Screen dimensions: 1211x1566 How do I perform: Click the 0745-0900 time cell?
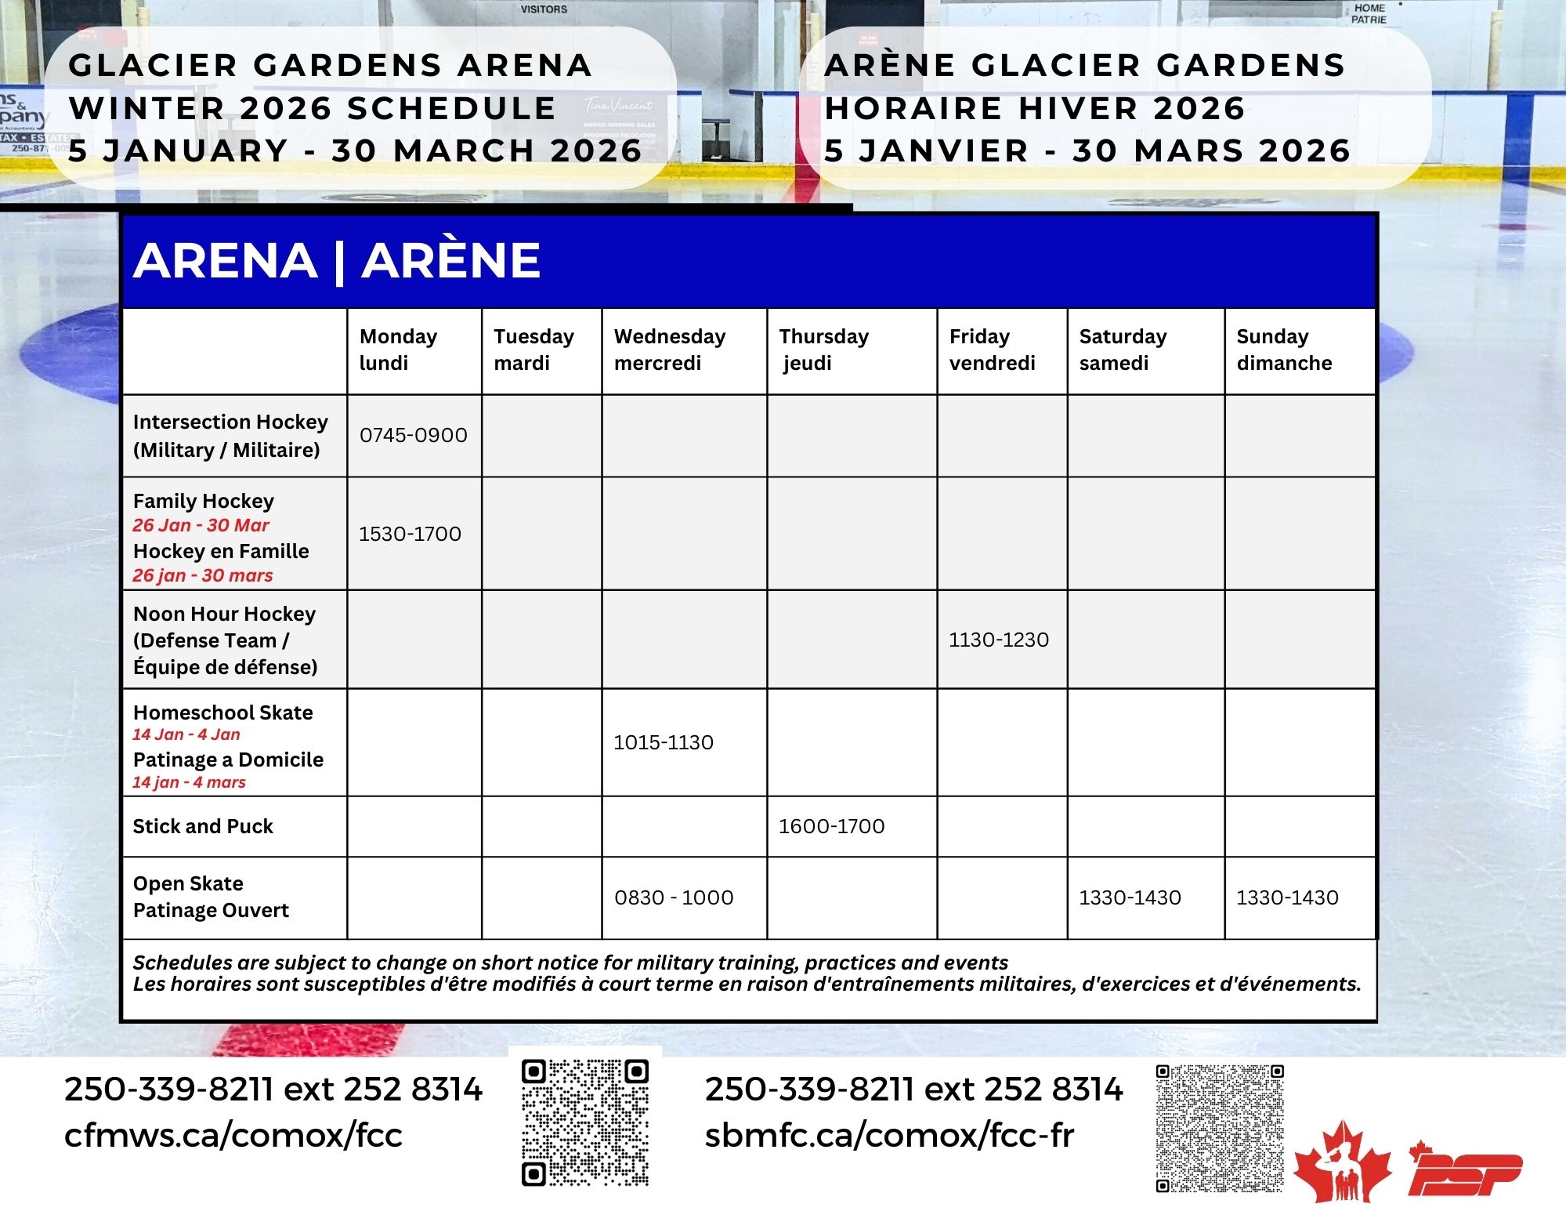(x=413, y=435)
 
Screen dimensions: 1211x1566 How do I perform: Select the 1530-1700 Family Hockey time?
(x=410, y=534)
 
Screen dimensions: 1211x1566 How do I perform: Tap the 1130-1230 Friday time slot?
(x=998, y=640)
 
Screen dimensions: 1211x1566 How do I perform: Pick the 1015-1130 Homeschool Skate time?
(x=663, y=742)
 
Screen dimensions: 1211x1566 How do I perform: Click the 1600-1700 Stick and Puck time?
(x=831, y=826)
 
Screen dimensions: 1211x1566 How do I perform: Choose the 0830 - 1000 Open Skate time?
(x=674, y=897)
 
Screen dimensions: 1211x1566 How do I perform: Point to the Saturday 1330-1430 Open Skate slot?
(x=1130, y=897)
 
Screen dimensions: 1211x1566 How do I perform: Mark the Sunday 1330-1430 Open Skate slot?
(x=1287, y=897)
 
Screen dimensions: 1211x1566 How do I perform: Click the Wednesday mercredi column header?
(x=670, y=350)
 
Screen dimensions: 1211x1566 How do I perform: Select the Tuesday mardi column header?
(x=533, y=350)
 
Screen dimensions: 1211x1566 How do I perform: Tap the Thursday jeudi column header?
(x=823, y=350)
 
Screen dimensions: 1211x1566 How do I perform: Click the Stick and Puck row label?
(x=203, y=826)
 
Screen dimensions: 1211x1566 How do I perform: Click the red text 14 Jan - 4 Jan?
(x=186, y=734)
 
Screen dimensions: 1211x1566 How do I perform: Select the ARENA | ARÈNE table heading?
(x=337, y=260)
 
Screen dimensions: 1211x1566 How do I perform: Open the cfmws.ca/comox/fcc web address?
(x=233, y=1135)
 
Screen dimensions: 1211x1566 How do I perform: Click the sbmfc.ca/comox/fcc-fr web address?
(x=889, y=1135)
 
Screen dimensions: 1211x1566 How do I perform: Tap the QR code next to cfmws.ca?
(x=585, y=1122)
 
